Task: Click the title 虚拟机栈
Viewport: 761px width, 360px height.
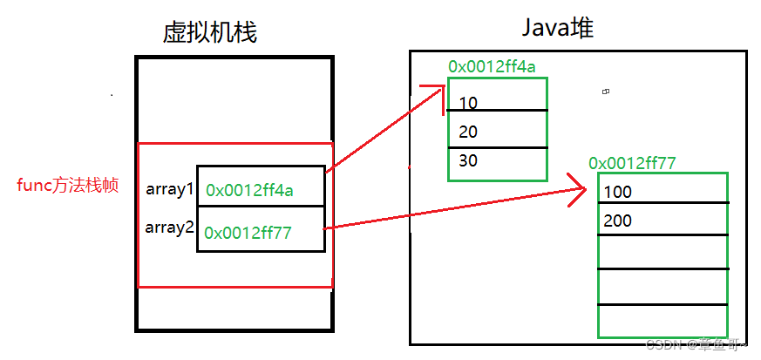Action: click(210, 32)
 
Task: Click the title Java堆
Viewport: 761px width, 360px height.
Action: click(558, 28)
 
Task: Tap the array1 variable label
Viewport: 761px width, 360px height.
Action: click(170, 189)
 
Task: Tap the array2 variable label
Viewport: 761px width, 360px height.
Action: click(170, 229)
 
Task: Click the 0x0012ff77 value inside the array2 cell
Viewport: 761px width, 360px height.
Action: click(249, 232)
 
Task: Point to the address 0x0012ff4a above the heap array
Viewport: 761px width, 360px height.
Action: click(493, 66)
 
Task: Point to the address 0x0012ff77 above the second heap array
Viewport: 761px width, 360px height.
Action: click(633, 162)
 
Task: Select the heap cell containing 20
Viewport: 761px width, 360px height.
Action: click(497, 132)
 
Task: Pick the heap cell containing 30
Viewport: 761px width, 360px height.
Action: click(497, 161)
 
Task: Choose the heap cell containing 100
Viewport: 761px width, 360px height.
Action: click(662, 191)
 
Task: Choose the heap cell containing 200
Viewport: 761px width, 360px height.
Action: click(662, 221)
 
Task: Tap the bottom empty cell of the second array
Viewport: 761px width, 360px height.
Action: click(662, 320)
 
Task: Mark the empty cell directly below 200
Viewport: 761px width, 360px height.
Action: click(662, 252)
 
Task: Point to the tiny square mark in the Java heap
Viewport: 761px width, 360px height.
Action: click(605, 91)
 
